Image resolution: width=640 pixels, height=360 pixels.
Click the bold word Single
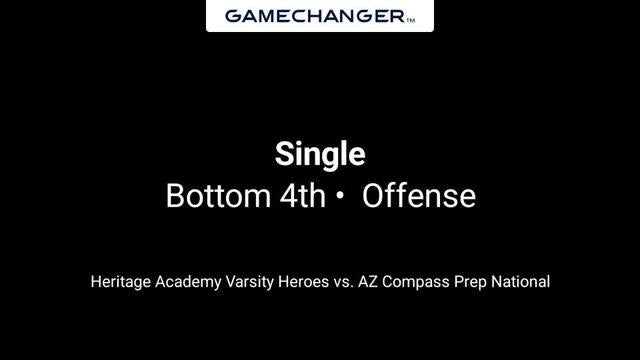[320, 155]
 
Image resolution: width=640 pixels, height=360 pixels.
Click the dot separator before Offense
[340, 197]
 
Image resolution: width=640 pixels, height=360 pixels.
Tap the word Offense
[418, 196]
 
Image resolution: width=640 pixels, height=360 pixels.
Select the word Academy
[189, 282]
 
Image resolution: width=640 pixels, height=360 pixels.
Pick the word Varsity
[251, 282]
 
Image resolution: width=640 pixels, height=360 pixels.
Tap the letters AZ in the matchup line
[372, 282]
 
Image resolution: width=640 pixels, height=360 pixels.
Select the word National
[523, 282]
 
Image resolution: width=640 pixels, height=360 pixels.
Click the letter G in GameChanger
[232, 16]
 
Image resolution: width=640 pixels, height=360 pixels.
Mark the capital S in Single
[283, 155]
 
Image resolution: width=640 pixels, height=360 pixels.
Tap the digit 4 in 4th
[283, 196]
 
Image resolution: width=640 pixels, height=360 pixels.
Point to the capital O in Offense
[373, 196]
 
